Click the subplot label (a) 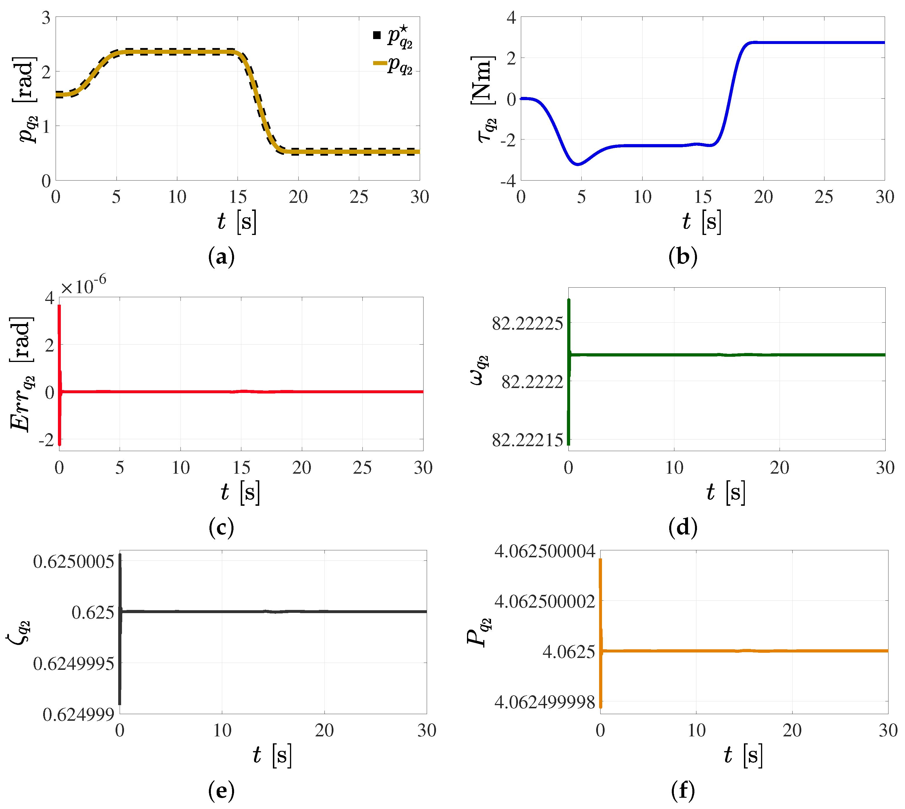point(221,257)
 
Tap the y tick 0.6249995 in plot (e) point(73,664)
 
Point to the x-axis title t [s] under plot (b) point(702,221)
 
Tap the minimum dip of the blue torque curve point(578,164)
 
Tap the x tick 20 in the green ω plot point(780,468)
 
